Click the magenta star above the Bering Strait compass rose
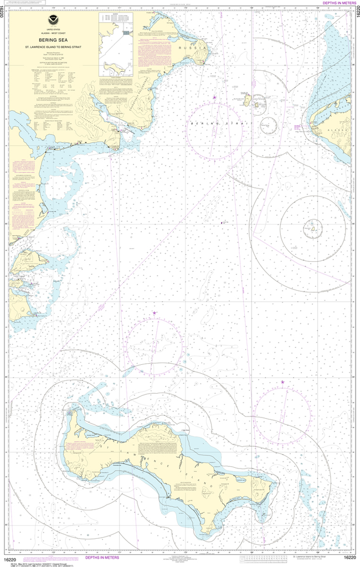214,97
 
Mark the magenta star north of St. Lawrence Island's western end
155,313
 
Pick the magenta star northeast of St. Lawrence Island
282,382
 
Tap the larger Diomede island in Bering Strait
248,101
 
